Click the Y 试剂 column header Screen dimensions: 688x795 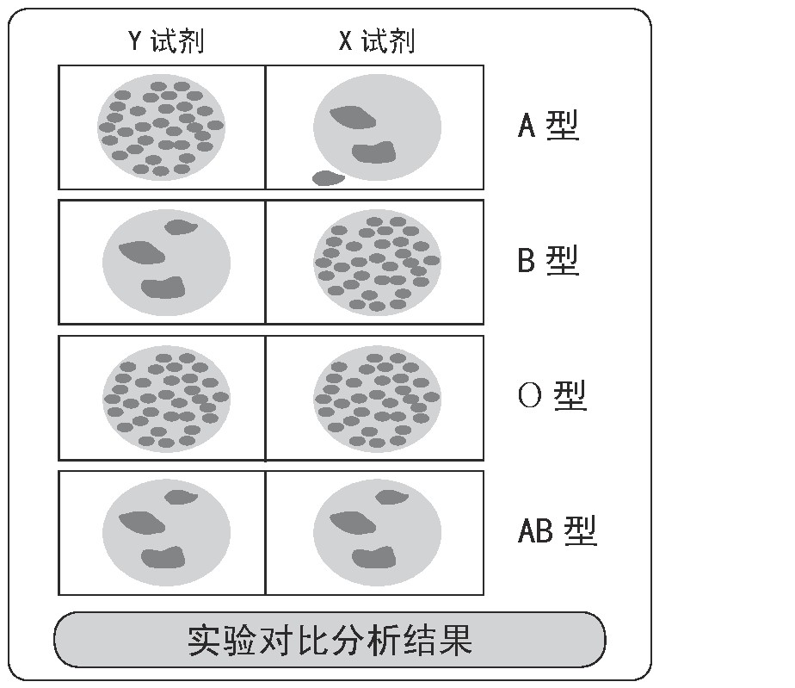pyautogui.click(x=166, y=40)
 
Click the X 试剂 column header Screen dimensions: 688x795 pyautogui.click(x=377, y=40)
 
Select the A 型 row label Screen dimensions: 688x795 pyautogui.click(x=548, y=126)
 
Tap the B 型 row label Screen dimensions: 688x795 pyautogui.click(x=548, y=259)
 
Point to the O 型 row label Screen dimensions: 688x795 pyautogui.click(x=552, y=395)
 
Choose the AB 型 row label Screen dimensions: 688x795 pyautogui.click(x=557, y=530)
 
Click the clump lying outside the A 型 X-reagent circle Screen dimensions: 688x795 pyautogui.click(x=328, y=178)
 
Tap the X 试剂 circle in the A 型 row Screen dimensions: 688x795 pyautogui.click(x=377, y=127)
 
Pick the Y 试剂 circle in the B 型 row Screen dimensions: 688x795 pyautogui.click(x=166, y=261)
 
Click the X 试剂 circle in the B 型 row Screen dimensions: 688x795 pyautogui.click(x=377, y=262)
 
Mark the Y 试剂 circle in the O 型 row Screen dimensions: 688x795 pyautogui.click(x=166, y=396)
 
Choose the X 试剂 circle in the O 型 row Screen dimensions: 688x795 pyautogui.click(x=377, y=396)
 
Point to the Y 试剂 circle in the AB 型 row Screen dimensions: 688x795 pyautogui.click(x=166, y=531)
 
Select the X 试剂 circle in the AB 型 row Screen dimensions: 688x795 pyautogui.click(x=377, y=531)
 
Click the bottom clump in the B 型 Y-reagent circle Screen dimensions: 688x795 pyautogui.click(x=163, y=288)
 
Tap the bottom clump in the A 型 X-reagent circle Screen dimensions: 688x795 pyautogui.click(x=373, y=153)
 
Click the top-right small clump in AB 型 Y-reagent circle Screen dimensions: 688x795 pyautogui.click(x=180, y=497)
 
